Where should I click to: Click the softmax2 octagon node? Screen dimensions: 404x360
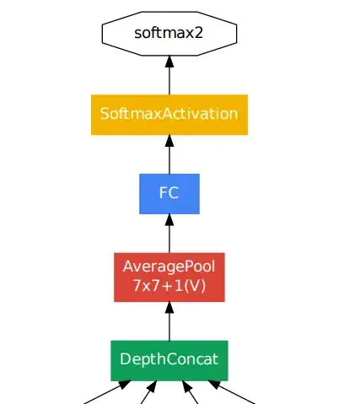pos(169,33)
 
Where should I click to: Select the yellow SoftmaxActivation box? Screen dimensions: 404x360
pos(169,114)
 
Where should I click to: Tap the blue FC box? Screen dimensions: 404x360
pos(169,192)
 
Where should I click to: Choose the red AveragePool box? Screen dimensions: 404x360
pos(169,276)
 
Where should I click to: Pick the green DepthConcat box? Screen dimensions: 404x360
pos(169,360)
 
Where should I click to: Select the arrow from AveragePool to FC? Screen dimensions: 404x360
pos(169,235)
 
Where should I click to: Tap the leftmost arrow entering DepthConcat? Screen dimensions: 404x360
pos(106,392)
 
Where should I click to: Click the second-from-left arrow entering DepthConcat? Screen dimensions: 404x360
pos(146,394)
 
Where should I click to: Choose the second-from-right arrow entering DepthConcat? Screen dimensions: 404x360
pos(191,394)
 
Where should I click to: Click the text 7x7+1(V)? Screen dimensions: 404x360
pos(169,285)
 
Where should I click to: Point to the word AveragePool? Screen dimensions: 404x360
pos(169,267)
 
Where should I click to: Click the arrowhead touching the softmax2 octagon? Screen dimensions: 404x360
pos(169,62)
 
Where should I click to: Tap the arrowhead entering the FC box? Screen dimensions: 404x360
pos(169,220)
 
